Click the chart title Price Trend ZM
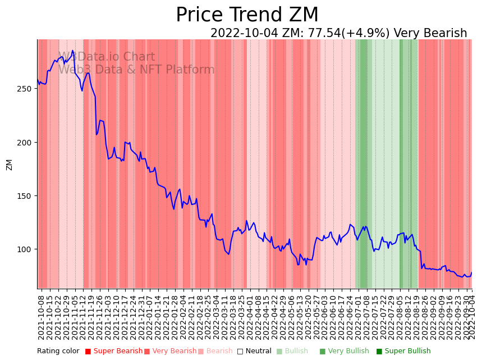(247, 15)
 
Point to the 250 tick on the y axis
(26, 89)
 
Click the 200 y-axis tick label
(26, 143)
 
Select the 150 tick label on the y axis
(26, 196)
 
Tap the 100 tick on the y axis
(26, 249)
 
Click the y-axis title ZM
(9, 165)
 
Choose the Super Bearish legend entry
(113, 352)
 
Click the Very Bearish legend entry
(170, 352)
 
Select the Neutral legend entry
(254, 352)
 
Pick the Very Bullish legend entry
(344, 352)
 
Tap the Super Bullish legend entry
(403, 352)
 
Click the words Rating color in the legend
(58, 352)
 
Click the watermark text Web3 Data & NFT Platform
(136, 70)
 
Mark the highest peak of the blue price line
(72, 51)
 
